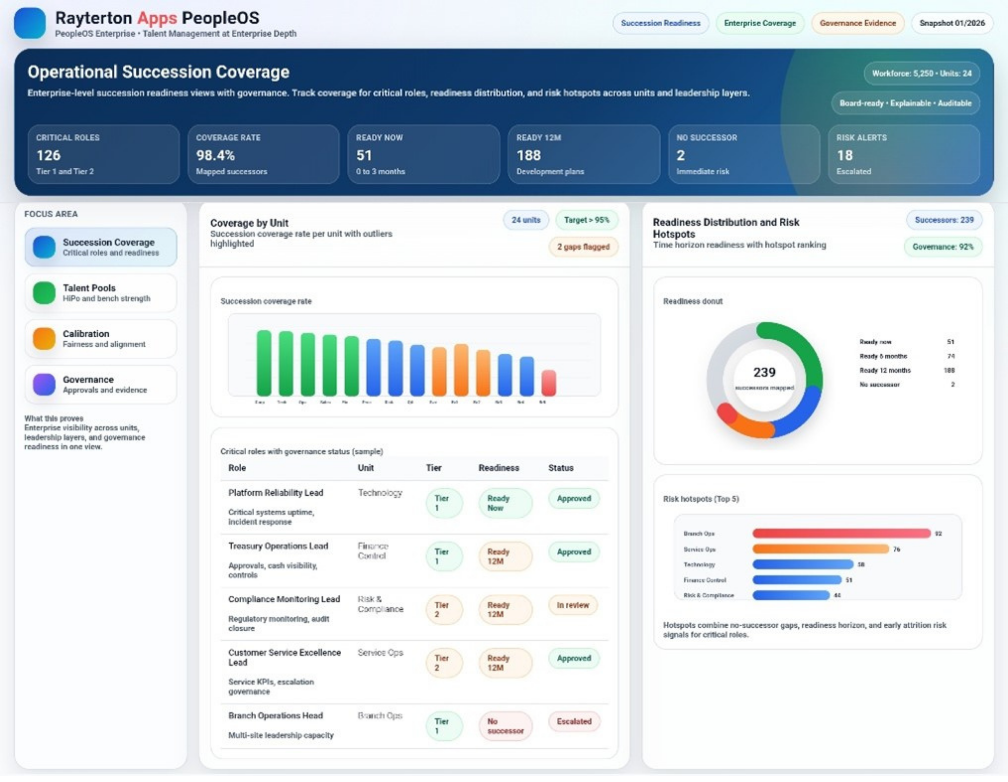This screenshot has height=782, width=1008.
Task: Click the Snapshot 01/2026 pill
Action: [952, 23]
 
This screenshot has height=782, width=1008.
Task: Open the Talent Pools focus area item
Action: [101, 293]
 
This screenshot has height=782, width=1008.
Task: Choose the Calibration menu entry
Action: [101, 339]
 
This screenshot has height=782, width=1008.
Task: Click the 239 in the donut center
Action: [764, 372]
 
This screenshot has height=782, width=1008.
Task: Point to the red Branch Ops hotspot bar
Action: [841, 534]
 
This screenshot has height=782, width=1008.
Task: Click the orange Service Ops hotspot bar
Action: [820, 549]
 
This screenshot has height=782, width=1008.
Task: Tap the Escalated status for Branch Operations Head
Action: [574, 722]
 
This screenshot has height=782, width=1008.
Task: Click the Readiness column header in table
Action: [498, 468]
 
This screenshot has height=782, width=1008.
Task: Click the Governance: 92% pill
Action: [943, 247]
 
